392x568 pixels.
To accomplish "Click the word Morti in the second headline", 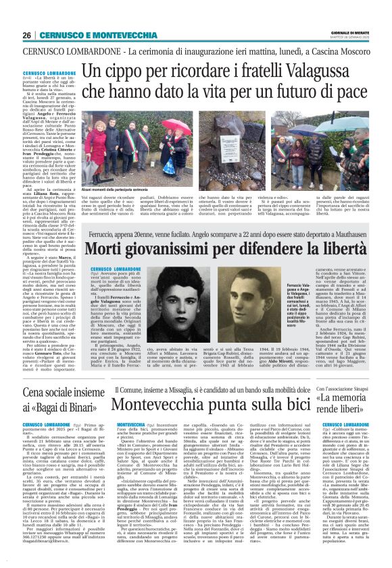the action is point(111,250).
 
